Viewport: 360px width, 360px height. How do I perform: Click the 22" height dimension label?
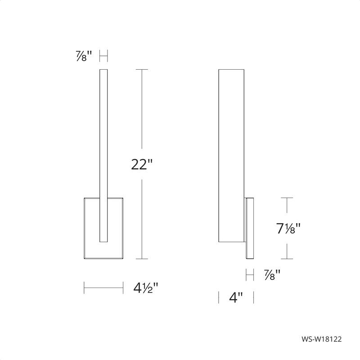pyautogui.click(x=142, y=165)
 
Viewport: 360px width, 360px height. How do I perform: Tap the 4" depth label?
pyautogui.click(x=236, y=297)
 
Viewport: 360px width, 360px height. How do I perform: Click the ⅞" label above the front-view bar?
pyautogui.click(x=84, y=57)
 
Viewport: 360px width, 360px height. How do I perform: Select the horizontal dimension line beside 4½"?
pyautogui.click(x=104, y=286)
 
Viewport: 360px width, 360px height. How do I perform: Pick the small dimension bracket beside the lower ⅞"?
pyautogui.click(x=250, y=273)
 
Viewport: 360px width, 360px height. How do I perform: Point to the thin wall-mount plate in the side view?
pyautogui.click(x=250, y=228)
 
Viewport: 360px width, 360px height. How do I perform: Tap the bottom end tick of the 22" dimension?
pyautogui.click(x=142, y=259)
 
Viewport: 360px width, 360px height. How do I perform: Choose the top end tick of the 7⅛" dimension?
pyautogui.click(x=287, y=198)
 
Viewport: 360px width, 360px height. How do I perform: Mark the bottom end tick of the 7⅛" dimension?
pyautogui.click(x=287, y=259)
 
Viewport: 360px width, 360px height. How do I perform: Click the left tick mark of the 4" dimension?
pyautogui.click(x=219, y=297)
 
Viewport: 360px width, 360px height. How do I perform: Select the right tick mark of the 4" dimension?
pyautogui.click(x=254, y=297)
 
